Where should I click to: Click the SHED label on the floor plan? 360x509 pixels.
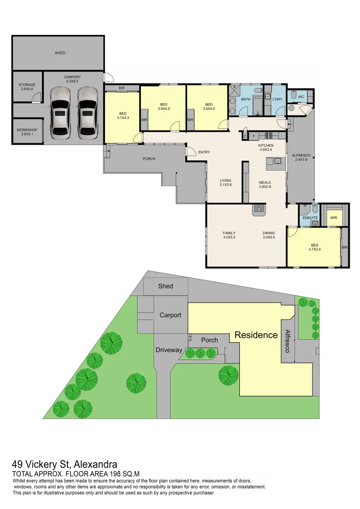[60, 53]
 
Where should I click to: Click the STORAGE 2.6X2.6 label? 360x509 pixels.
[27, 87]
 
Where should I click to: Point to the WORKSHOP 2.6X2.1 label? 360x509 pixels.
[27, 132]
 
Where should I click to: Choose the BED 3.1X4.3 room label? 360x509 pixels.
[123, 115]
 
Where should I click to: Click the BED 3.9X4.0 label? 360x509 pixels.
[164, 107]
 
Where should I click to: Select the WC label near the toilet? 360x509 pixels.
[301, 97]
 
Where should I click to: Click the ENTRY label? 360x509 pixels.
[204, 152]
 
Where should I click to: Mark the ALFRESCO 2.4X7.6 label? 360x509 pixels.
[300, 157]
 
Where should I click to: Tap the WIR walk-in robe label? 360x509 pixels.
[334, 218]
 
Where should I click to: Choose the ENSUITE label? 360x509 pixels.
[310, 218]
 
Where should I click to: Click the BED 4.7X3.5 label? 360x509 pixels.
[314, 247]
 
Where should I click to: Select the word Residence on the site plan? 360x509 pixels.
[256, 335]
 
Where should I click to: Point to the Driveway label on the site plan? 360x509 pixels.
[169, 350]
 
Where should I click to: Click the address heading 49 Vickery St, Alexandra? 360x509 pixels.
[65, 465]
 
